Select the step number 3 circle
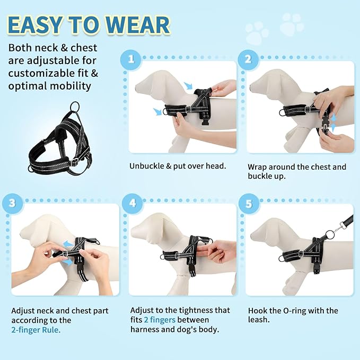11,203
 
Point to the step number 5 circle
248,203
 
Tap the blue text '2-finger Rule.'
36,329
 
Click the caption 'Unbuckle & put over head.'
178,166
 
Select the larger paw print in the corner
292,24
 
